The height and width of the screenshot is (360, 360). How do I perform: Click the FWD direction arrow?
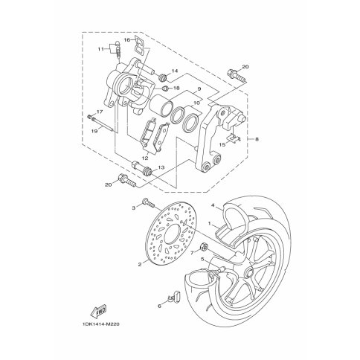[98, 312]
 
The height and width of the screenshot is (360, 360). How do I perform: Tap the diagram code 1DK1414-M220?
[101, 324]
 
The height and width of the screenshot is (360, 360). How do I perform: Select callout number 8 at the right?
[257, 139]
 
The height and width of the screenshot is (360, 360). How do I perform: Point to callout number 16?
[127, 40]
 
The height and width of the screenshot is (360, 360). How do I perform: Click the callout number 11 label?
[100, 49]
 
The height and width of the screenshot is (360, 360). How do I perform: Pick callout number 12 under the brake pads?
[145, 158]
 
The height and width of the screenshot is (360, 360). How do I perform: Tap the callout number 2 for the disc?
[140, 265]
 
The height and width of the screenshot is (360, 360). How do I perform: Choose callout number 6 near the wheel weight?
[159, 306]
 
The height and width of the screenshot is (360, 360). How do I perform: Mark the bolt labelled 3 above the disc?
[148, 203]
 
